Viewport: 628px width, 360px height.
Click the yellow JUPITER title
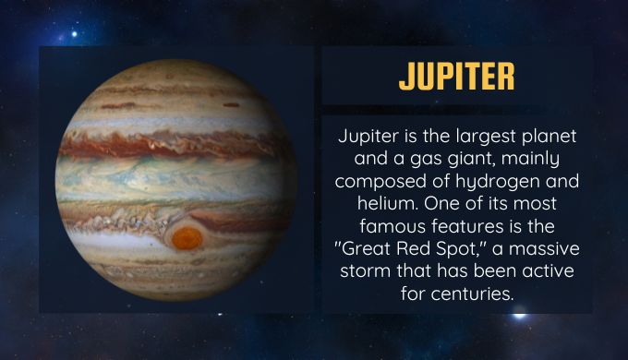[456, 76]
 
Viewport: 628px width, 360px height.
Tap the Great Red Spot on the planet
[187, 238]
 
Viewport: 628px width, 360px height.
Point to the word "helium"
[388, 203]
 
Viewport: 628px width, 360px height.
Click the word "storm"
[365, 271]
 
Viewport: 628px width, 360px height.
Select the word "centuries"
[471, 294]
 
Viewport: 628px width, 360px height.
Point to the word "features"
[468, 226]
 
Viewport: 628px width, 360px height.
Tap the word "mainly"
[530, 160]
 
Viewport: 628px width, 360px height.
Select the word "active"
[548, 271]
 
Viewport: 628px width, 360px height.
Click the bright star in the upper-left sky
[74, 34]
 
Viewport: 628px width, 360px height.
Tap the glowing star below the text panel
[519, 316]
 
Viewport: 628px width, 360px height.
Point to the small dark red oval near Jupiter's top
[231, 105]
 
